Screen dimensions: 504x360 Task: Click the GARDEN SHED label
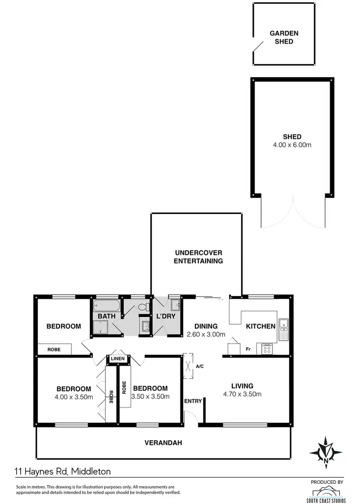point(284,37)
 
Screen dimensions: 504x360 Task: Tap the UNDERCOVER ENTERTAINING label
point(198,257)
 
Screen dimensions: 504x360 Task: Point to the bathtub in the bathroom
point(105,305)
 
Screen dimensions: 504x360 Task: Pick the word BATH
point(106,317)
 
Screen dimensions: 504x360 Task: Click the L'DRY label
point(166,317)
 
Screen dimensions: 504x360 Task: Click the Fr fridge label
point(249,349)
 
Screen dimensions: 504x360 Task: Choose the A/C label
point(200,366)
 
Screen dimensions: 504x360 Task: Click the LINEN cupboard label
point(118,359)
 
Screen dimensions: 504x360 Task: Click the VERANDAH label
point(163,443)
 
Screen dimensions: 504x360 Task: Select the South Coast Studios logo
point(329,493)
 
